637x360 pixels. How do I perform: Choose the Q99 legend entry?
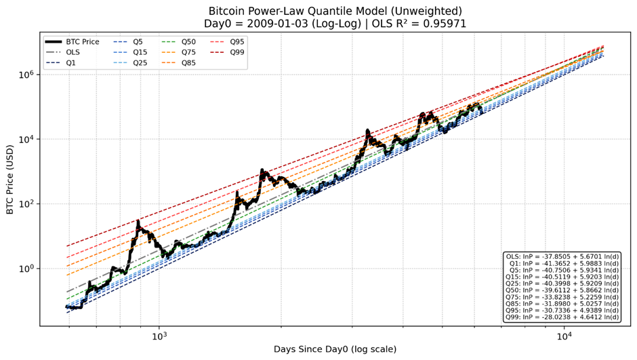click(237, 52)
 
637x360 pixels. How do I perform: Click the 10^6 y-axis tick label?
click(24, 75)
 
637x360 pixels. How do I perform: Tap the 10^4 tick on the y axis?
click(24, 139)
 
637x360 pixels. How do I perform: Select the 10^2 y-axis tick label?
click(24, 204)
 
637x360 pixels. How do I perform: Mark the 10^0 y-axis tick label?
click(24, 268)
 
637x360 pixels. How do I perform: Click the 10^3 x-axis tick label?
click(159, 336)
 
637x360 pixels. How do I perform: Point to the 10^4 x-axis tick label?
click(563, 336)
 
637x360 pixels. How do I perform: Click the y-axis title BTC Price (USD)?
click(9, 178)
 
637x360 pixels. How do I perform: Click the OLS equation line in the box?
click(562, 256)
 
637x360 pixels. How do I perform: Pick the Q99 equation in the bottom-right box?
click(562, 317)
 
